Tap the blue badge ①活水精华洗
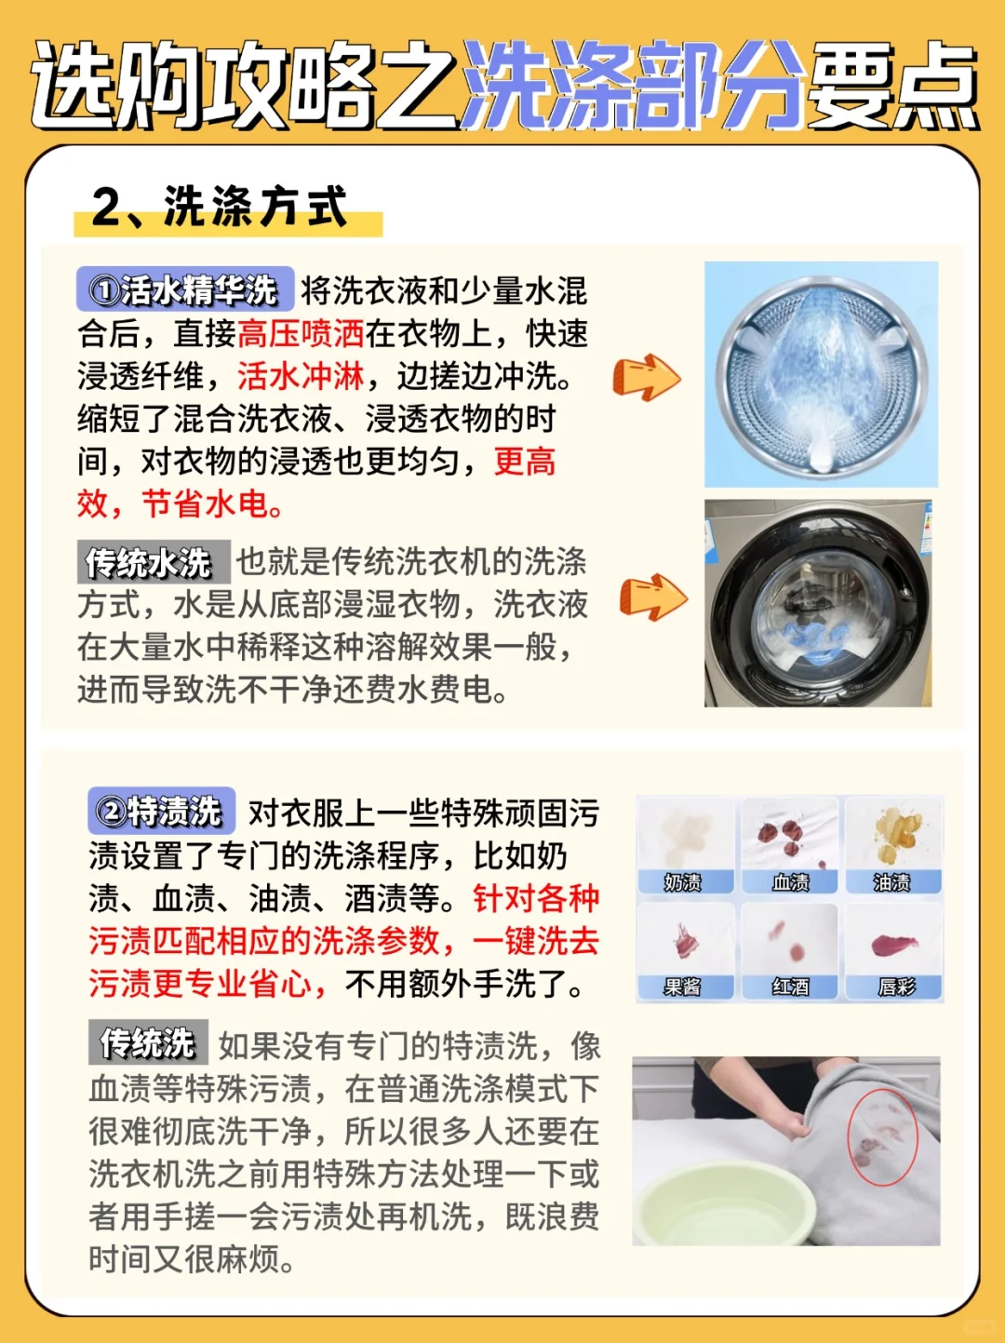185,289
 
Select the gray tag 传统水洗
154,561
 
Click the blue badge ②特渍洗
162,811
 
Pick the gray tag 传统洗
148,1042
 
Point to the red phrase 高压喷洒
301,333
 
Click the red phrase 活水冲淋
301,376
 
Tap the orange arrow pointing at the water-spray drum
646,377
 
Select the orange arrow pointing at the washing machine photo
653,598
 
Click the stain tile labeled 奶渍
686,845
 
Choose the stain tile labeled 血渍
790,845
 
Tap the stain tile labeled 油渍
893,845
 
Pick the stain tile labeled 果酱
686,951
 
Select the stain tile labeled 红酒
790,951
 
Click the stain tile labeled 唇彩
893,951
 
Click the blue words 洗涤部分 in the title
632,86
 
